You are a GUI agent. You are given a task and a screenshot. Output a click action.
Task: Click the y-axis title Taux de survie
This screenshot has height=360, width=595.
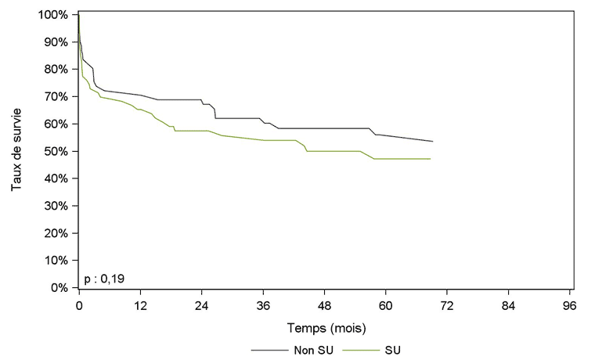coord(16,151)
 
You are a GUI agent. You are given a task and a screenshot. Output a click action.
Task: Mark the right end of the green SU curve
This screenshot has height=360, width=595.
coord(431,159)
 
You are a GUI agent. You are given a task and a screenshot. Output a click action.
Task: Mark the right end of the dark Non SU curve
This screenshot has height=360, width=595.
coord(433,142)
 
